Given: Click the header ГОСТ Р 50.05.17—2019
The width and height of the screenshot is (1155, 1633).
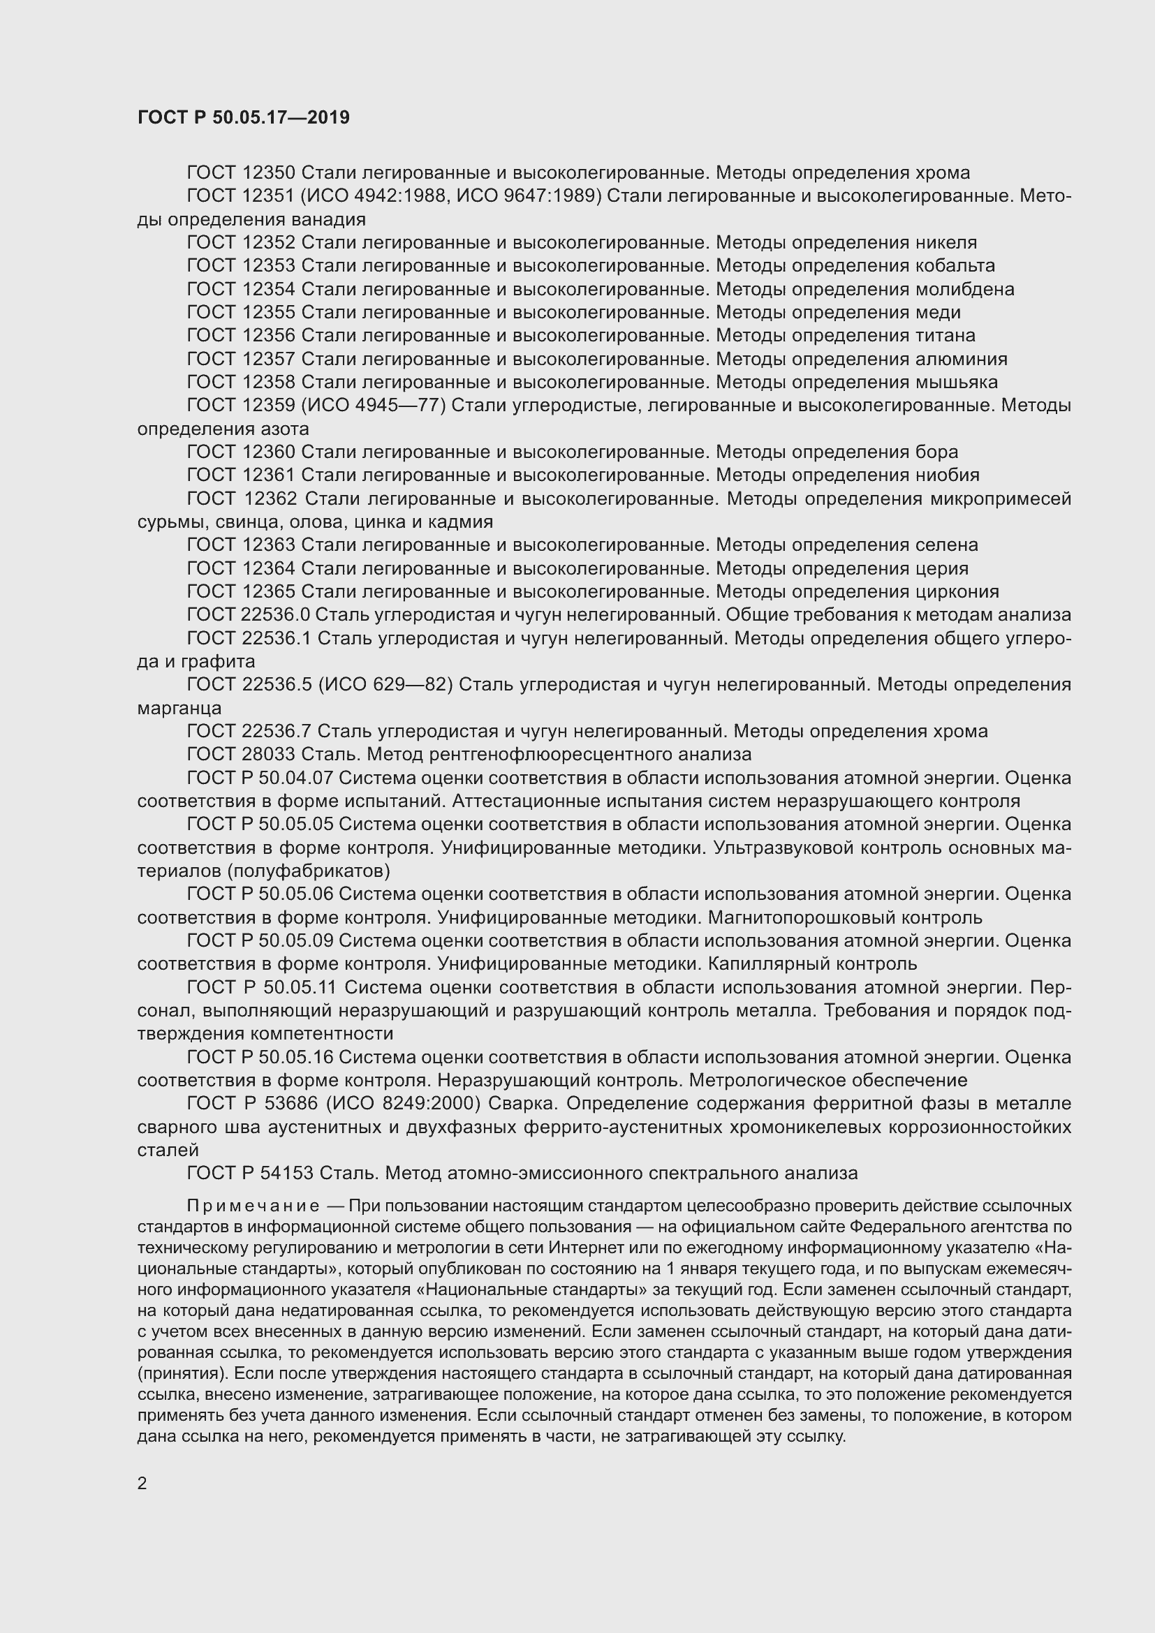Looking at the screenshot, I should [x=243, y=118].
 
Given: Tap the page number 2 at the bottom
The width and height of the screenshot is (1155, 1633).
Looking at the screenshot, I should [x=142, y=1483].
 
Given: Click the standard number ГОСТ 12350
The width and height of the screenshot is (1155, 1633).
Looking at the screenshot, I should [x=241, y=173].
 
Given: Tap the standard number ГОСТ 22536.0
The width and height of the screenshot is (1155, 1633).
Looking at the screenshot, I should [x=248, y=615].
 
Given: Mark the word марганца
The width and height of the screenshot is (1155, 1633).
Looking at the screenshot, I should [x=179, y=709].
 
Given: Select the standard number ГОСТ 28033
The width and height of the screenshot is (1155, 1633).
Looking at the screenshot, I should [x=241, y=754].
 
